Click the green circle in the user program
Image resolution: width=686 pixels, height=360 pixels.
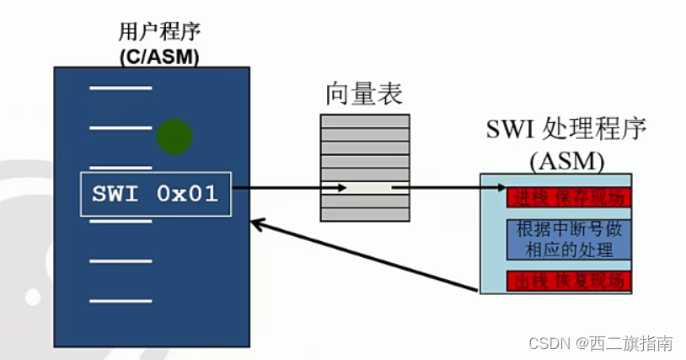click(174, 135)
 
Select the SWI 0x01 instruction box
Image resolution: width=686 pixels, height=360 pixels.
click(157, 194)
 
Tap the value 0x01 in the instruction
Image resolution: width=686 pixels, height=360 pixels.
click(187, 194)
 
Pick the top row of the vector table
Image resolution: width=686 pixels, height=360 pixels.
click(365, 120)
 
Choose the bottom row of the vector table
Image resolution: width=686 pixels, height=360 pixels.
click(365, 214)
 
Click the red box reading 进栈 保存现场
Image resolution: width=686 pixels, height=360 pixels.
click(568, 197)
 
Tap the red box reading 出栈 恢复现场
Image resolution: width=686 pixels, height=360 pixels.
click(568, 280)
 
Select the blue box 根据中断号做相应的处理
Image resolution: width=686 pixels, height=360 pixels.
click(568, 239)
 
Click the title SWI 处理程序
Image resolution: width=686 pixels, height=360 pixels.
click(565, 130)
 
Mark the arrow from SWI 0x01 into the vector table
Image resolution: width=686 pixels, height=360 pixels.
click(287, 188)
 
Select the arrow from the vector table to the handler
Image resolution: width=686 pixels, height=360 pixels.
click(447, 188)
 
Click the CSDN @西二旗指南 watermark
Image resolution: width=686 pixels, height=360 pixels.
click(600, 342)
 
